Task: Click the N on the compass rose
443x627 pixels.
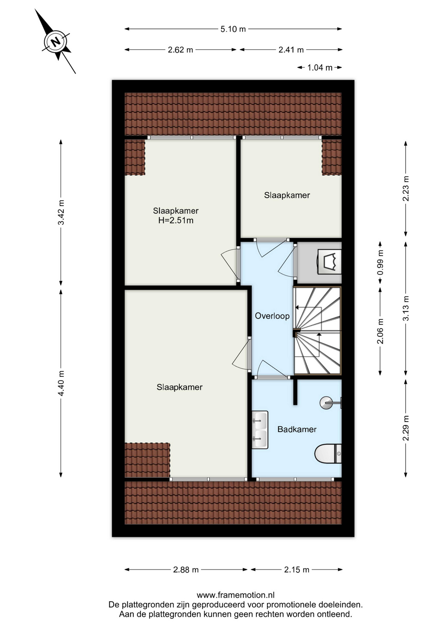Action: (56, 42)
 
